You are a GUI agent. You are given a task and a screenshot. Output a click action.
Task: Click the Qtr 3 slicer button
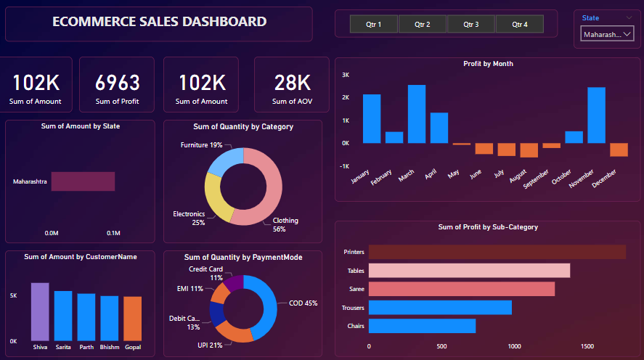click(470, 25)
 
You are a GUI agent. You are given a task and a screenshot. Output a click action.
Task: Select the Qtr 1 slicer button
click(374, 25)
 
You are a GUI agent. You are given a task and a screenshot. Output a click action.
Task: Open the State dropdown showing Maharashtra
click(607, 34)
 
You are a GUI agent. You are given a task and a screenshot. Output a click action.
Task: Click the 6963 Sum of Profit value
click(117, 83)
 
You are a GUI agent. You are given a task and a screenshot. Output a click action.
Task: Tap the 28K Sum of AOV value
click(292, 83)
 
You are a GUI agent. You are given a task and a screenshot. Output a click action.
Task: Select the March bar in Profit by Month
click(416, 114)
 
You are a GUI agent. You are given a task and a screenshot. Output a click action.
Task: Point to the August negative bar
click(529, 150)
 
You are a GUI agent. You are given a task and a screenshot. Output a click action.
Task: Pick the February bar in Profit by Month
click(394, 137)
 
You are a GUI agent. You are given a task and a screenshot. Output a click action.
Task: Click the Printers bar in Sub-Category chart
click(497, 252)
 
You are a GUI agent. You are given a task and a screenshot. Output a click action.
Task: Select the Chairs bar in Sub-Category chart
click(422, 326)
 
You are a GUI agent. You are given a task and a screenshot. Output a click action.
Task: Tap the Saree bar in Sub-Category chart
click(461, 289)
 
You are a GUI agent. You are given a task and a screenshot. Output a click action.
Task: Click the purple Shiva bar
click(40, 312)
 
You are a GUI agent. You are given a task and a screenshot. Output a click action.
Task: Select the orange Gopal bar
click(132, 319)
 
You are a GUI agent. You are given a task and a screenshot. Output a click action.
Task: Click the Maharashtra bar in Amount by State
click(83, 181)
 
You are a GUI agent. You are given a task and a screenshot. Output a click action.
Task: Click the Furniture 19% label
click(202, 145)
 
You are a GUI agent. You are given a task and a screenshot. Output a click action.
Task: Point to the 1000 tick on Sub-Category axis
click(515, 347)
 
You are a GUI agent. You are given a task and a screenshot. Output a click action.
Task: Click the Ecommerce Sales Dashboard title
click(159, 22)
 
